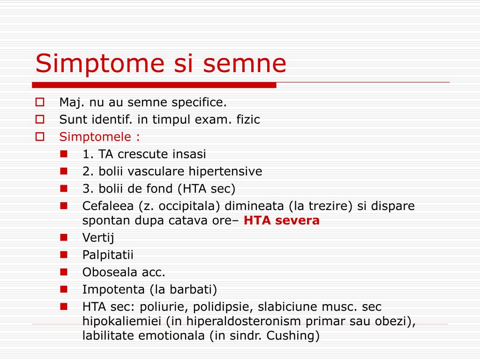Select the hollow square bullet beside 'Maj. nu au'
pos(40,102)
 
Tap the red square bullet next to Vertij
pos(64,237)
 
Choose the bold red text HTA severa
pos(282,221)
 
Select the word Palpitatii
pos(108,255)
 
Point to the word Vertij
pos(98,238)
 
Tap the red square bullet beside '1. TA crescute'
pos(64,154)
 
